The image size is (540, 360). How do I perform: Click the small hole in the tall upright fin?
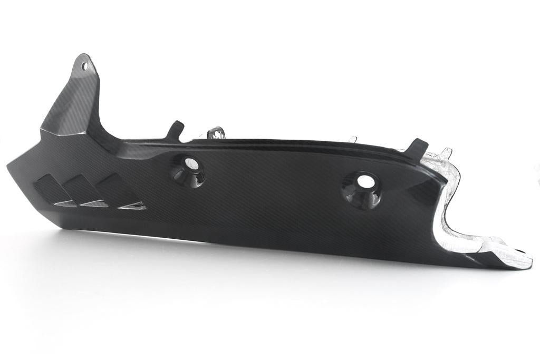pos(84,66)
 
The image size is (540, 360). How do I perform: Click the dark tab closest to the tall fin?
pos(175,129)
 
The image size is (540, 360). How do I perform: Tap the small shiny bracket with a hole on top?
pos(216,132)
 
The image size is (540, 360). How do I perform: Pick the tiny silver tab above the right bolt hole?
pos(352,139)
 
